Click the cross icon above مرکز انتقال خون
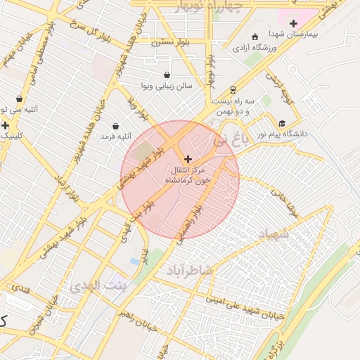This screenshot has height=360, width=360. [x=188, y=160]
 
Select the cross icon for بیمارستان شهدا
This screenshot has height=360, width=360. [x=294, y=23]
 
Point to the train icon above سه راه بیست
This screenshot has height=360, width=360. [x=232, y=90]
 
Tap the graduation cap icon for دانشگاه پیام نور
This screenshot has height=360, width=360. [x=282, y=122]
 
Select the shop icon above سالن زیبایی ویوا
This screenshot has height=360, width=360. [x=167, y=75]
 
